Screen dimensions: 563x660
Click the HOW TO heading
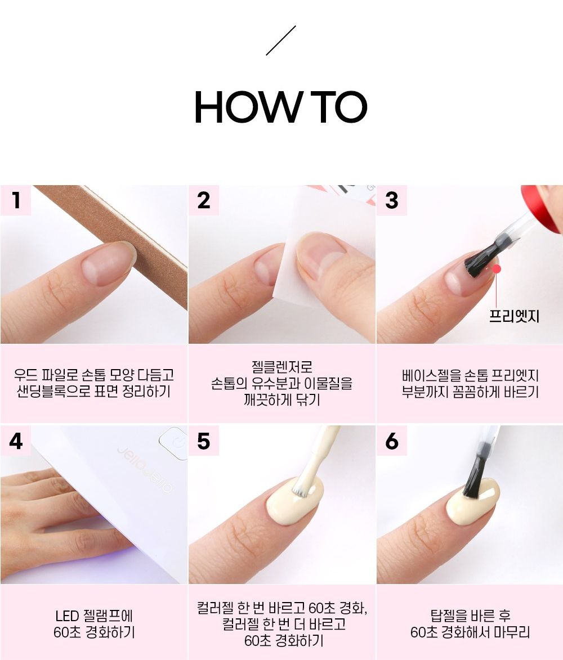pos(281,107)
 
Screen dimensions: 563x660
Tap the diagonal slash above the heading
pos(281,41)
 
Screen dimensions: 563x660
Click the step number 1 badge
pos(16,200)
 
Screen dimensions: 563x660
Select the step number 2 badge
pos(204,200)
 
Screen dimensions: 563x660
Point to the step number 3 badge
pos(392,200)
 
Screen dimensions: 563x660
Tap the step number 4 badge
pos(16,441)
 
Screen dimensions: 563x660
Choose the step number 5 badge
pos(204,441)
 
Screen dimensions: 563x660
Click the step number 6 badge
pos(392,441)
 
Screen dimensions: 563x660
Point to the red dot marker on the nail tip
pos(497,268)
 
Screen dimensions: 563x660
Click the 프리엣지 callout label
pos(513,316)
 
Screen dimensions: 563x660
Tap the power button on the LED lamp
pos(173,443)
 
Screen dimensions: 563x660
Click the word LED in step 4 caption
pos(68,616)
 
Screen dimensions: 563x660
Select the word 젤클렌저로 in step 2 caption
pos(282,367)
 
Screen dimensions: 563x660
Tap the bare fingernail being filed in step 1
pos(108,264)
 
